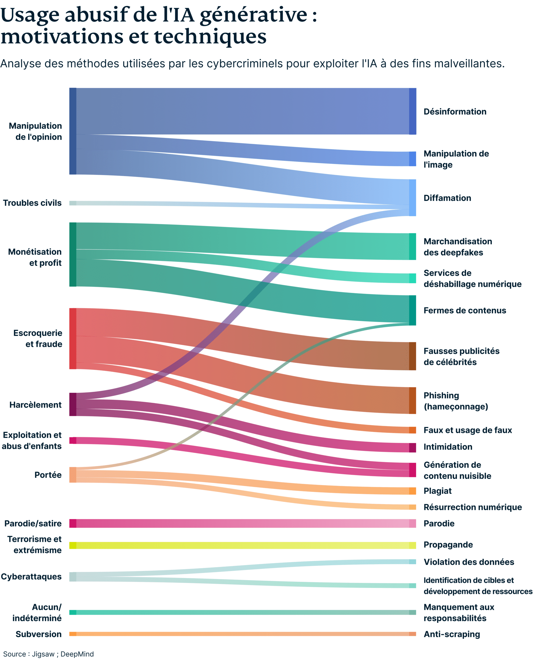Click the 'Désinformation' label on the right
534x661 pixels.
(455, 111)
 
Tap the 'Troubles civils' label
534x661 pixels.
(32, 203)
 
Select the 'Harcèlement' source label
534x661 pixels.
(35, 404)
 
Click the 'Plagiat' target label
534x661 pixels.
(438, 491)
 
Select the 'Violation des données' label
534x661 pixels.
(469, 562)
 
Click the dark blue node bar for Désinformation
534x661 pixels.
(412, 111)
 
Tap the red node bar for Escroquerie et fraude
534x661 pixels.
(73, 338)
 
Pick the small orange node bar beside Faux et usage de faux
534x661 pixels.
(412, 430)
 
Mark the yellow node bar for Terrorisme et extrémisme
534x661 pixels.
(73, 545)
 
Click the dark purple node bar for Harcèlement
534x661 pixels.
(73, 404)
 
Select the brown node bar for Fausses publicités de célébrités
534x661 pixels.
(412, 356)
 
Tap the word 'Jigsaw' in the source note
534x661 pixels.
(43, 654)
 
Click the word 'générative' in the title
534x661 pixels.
(253, 15)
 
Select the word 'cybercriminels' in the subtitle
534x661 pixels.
(245, 64)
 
